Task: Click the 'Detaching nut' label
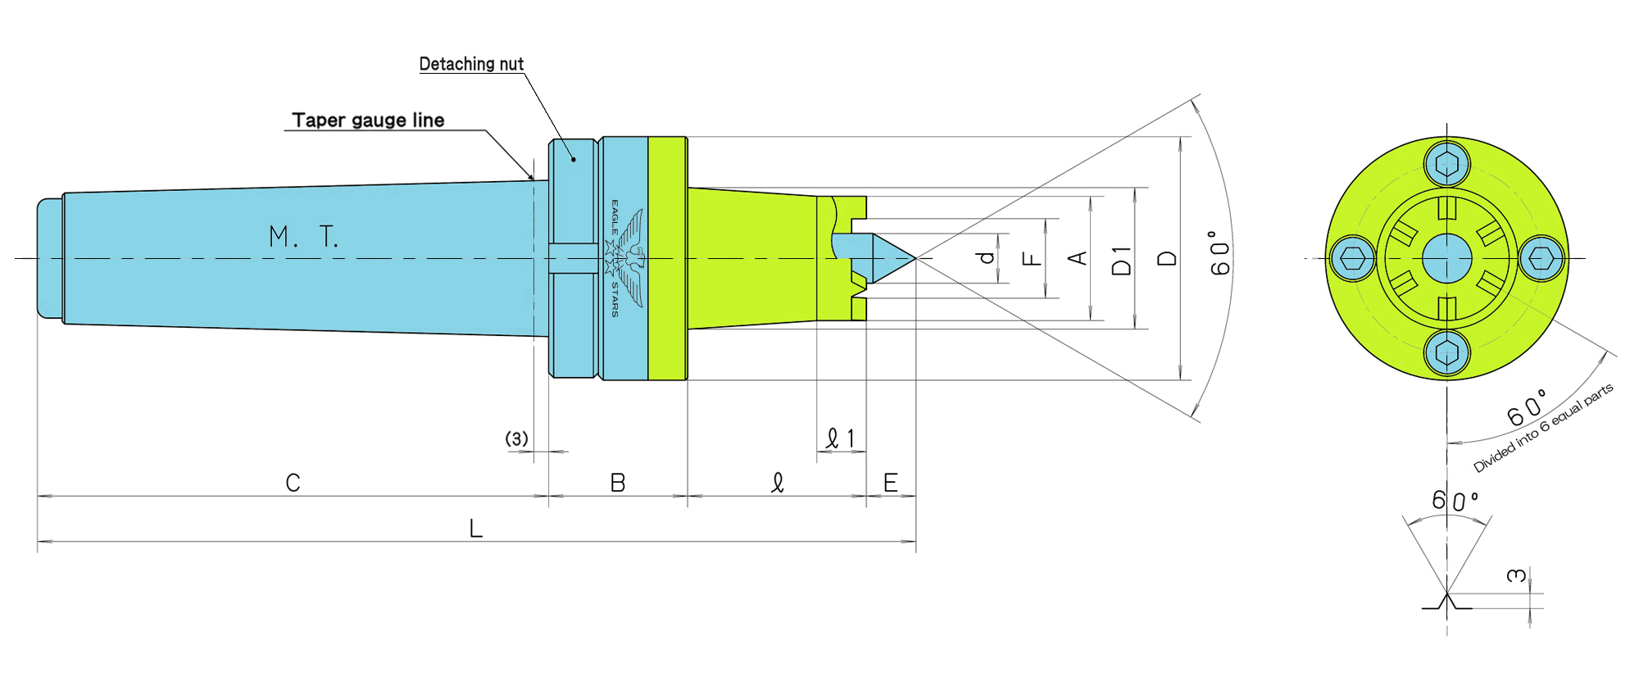pyautogui.click(x=471, y=64)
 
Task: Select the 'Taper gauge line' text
pyautogui.click(x=368, y=120)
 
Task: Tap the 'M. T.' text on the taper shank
pyautogui.click(x=303, y=237)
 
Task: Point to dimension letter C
pyautogui.click(x=293, y=483)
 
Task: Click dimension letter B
pyautogui.click(x=618, y=483)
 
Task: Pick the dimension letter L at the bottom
pyautogui.click(x=475, y=529)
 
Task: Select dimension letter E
pyautogui.click(x=890, y=483)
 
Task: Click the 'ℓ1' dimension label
pyautogui.click(x=840, y=439)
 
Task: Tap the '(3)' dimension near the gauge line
pyautogui.click(x=516, y=439)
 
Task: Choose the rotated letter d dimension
pyautogui.click(x=987, y=257)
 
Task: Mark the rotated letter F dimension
pyautogui.click(x=1033, y=259)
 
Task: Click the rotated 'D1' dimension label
pyautogui.click(x=1121, y=260)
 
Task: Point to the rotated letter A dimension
pyautogui.click(x=1078, y=258)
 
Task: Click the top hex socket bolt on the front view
pyautogui.click(x=1447, y=163)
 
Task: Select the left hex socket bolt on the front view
pyautogui.click(x=1352, y=259)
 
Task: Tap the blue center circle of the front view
pyautogui.click(x=1447, y=258)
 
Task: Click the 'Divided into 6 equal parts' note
pyautogui.click(x=1544, y=427)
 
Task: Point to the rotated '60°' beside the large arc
pyautogui.click(x=1220, y=253)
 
